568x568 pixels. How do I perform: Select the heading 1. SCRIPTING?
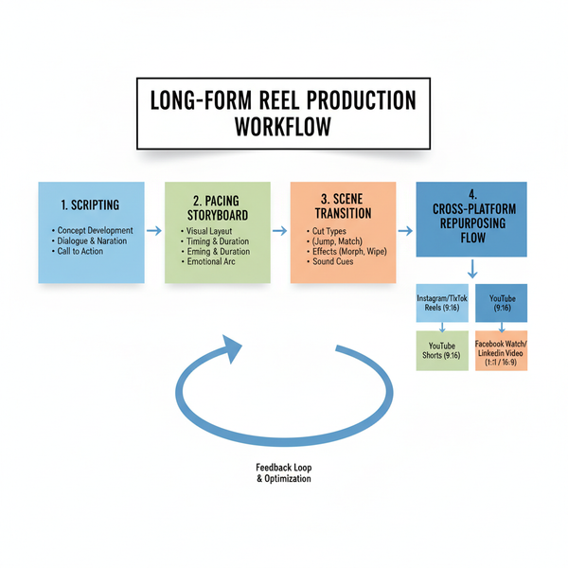pos(91,204)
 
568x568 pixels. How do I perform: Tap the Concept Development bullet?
pos(94,230)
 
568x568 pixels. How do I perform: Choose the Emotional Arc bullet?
pos(212,262)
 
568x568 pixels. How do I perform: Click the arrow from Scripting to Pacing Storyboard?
pos(154,230)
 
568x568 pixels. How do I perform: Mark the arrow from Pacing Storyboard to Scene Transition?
pos(279,230)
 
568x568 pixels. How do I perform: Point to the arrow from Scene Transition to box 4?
pos(404,230)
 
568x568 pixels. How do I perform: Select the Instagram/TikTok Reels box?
pos(442,304)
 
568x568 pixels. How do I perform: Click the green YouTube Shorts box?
pos(442,349)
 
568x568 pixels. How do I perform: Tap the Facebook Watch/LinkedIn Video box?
pos(501,350)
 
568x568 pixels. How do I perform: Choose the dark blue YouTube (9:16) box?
pos(501,302)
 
